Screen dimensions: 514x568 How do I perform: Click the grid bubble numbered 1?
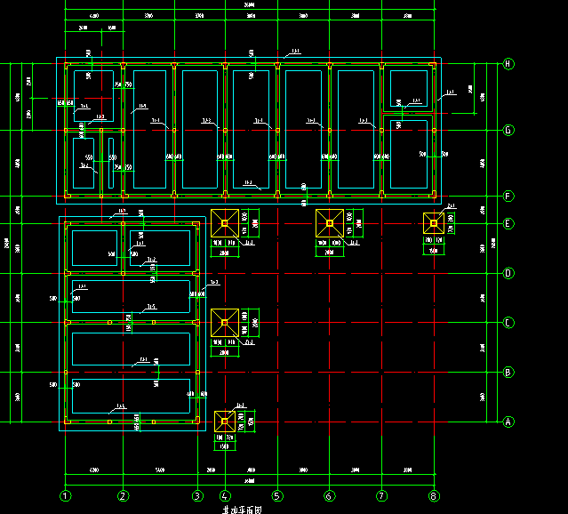[x=65, y=495]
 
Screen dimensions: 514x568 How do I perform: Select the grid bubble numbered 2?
[x=123, y=495]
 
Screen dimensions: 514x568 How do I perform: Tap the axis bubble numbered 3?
[x=196, y=495]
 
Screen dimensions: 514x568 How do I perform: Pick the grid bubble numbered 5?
[x=276, y=495]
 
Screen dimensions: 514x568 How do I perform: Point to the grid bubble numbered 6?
[x=329, y=495]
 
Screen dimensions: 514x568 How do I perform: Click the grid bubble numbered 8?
[x=434, y=495]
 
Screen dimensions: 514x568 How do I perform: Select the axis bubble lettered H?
[x=508, y=64]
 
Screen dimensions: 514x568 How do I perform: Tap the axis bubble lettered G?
[x=508, y=131]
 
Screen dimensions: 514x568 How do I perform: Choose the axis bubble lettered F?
[x=508, y=196]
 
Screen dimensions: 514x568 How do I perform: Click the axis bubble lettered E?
[x=508, y=223]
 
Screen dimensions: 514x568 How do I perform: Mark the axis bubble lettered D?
[x=508, y=273]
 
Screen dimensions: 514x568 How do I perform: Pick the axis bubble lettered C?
[x=508, y=323]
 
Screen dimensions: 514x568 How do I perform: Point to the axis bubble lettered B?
[x=508, y=372]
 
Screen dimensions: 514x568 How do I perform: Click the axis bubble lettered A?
[x=508, y=422]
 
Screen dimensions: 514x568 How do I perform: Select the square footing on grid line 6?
[x=330, y=222]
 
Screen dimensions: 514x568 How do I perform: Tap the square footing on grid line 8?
[x=434, y=223]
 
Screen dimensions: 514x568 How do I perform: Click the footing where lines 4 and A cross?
[x=225, y=421]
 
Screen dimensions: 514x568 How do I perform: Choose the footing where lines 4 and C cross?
[x=225, y=322]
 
